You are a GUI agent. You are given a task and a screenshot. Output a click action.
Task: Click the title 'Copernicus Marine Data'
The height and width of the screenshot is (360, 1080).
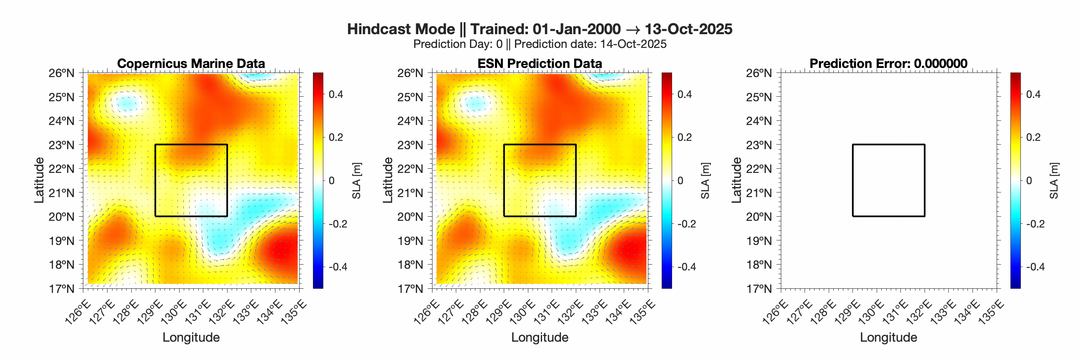(x=191, y=63)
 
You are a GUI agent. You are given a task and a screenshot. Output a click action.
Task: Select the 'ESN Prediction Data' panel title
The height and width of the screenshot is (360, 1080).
(x=540, y=63)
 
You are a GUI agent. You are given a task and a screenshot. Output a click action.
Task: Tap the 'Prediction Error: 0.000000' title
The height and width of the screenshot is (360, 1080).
(x=888, y=63)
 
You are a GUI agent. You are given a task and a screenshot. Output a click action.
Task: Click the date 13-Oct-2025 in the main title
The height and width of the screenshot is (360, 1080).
(x=688, y=29)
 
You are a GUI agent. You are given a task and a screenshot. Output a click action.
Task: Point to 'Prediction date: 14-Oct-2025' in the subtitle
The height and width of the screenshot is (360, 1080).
(x=590, y=44)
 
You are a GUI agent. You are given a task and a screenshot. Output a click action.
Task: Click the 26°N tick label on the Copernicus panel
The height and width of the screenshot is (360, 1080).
(x=61, y=73)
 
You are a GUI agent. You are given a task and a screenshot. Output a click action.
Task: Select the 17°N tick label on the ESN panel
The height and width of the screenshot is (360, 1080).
(x=410, y=288)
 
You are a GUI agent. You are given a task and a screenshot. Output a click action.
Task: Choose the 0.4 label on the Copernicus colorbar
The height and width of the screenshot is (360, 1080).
(x=336, y=94)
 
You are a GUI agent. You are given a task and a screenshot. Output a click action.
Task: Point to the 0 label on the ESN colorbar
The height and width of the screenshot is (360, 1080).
(x=680, y=181)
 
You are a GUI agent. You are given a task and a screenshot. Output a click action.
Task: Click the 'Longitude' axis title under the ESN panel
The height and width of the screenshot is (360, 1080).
(x=540, y=337)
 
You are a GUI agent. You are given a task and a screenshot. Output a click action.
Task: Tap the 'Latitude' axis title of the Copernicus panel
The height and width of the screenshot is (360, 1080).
(x=39, y=180)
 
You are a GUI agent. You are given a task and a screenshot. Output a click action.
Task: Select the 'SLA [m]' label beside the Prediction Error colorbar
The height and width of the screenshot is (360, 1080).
(x=1054, y=181)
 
